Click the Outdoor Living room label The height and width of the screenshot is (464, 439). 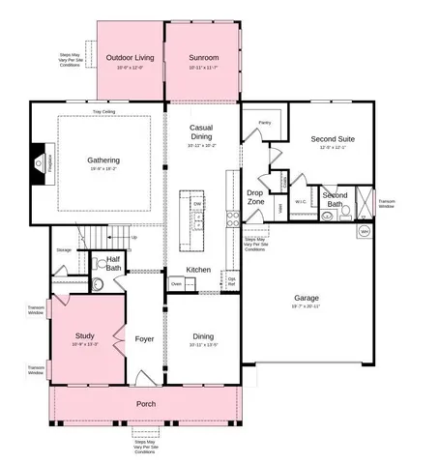(131, 58)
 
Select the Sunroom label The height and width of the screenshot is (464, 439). (203, 58)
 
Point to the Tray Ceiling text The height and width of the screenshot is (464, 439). (104, 112)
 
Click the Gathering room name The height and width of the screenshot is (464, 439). (103, 160)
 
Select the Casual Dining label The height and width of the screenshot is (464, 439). (202, 132)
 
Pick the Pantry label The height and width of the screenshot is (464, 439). (264, 123)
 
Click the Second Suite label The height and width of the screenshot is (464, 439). (332, 139)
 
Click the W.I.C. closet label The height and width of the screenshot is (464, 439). (301, 202)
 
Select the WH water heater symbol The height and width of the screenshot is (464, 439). (365, 232)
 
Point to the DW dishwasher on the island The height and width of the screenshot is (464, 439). (197, 204)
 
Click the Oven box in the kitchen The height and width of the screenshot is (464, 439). (176, 284)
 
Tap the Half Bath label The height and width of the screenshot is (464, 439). (112, 263)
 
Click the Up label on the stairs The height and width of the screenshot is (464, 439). (133, 237)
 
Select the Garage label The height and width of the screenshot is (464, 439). (307, 298)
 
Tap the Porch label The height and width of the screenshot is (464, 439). (145, 403)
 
